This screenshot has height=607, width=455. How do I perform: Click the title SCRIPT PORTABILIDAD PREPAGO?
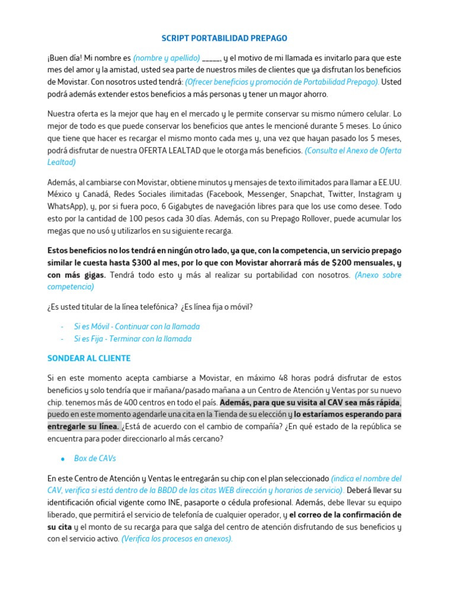pyautogui.click(x=225, y=39)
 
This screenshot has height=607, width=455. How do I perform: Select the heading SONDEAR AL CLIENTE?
pyautogui.click(x=89, y=359)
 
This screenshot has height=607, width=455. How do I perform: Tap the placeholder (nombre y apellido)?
pyautogui.click(x=166, y=59)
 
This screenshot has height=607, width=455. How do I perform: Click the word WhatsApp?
pyautogui.click(x=67, y=207)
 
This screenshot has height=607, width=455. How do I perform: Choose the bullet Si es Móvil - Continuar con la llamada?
pyautogui.click(x=137, y=327)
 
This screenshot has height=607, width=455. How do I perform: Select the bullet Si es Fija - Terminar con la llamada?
pyautogui.click(x=133, y=339)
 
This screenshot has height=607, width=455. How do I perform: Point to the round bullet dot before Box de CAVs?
pyautogui.click(x=62, y=459)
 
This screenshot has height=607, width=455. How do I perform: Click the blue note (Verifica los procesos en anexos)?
pyautogui.click(x=177, y=538)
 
